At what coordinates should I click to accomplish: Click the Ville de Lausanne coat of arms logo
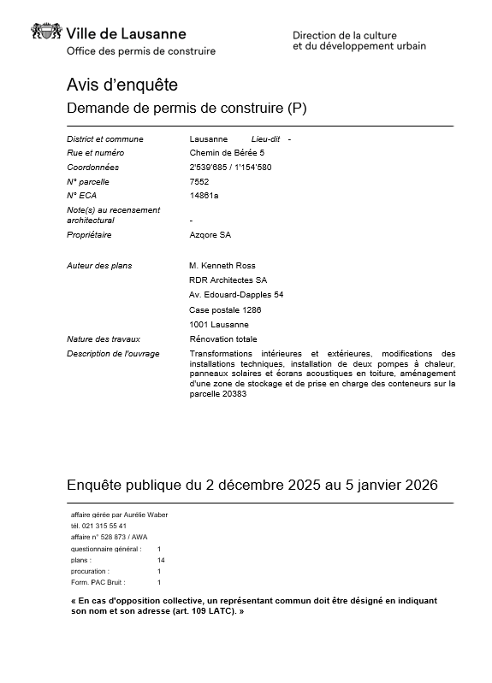tap(47, 32)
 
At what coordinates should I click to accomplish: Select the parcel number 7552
tap(199, 181)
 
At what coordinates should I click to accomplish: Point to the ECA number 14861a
tap(204, 196)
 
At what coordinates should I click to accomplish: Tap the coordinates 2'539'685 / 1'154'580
tap(230, 168)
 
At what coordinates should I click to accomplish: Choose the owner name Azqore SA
tap(210, 235)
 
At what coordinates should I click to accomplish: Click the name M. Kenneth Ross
tap(222, 266)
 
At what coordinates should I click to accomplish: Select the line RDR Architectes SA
tap(228, 280)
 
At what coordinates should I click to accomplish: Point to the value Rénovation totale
tap(222, 339)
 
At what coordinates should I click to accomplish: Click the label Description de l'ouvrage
tap(113, 354)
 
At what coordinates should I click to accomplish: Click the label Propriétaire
tap(89, 235)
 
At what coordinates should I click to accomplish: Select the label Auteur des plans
tap(99, 266)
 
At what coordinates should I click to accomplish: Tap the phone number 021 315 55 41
tap(106, 526)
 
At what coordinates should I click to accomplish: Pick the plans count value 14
tap(161, 560)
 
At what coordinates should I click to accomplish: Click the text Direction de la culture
tap(345, 35)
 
